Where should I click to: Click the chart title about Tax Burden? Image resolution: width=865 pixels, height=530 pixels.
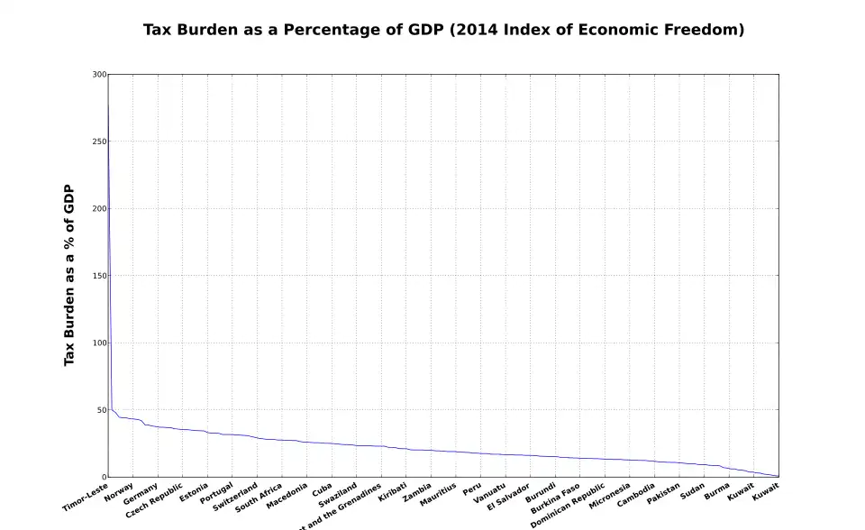pos(443,30)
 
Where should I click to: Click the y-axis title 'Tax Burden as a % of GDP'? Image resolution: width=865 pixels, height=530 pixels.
pos(68,275)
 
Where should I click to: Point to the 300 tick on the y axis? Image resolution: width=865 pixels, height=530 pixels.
pos(99,74)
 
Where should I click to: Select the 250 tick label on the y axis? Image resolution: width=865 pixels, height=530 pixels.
pos(99,142)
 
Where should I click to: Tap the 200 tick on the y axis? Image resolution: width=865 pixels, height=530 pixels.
pos(99,208)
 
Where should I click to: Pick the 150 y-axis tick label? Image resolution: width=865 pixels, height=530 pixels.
pos(99,276)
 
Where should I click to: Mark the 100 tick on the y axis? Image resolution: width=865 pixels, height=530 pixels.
pos(99,343)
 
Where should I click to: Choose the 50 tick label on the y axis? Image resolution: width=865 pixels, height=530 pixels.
pos(101,410)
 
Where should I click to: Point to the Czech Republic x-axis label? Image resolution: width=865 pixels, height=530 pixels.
pos(154,499)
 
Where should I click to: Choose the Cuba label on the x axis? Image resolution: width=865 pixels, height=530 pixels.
pos(323,489)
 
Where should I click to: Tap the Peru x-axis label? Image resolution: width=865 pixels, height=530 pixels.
pos(472,489)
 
